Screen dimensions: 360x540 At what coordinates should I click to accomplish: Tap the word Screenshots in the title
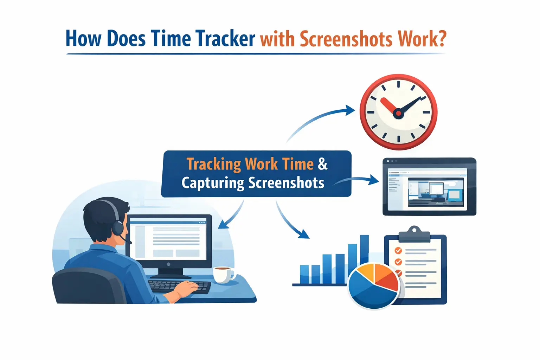point(346,39)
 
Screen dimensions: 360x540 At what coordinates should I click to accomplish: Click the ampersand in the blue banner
point(322,164)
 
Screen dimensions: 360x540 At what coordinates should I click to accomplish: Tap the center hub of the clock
point(398,113)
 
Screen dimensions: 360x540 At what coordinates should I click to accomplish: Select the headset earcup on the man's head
point(118,227)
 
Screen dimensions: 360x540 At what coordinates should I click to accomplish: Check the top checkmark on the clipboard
point(398,251)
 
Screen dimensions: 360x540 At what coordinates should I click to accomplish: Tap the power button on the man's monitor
point(169,264)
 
